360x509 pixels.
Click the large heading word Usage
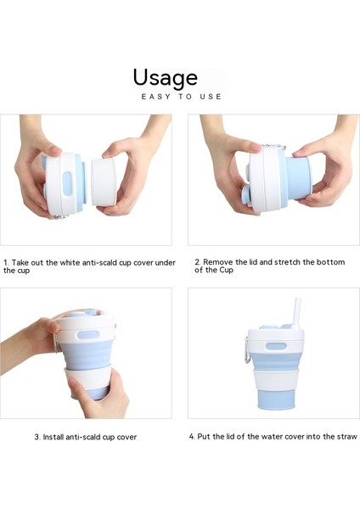click(165, 78)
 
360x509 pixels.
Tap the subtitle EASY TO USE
click(181, 97)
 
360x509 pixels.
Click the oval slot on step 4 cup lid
click(272, 347)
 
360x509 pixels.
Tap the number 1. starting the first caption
click(7, 263)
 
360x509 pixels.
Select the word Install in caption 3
click(55, 437)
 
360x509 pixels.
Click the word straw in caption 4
click(346, 437)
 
